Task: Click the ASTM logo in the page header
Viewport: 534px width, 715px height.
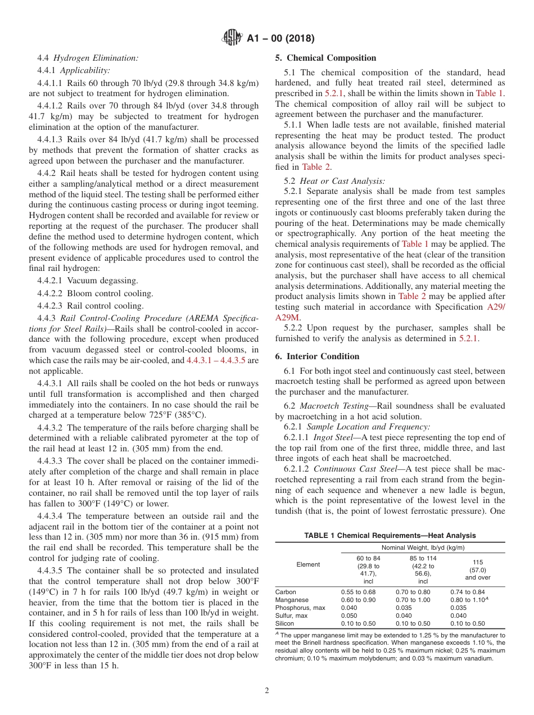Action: point(232,38)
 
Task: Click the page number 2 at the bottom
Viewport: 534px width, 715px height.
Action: point(266,691)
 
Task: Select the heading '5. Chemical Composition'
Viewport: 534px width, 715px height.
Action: point(325,58)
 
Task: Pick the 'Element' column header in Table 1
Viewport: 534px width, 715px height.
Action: point(307,564)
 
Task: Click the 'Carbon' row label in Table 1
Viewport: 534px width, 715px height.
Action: point(286,592)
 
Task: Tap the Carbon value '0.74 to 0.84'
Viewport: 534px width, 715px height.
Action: point(467,592)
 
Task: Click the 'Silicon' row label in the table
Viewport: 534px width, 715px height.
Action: point(284,623)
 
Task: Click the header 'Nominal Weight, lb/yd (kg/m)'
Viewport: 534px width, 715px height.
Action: point(423,547)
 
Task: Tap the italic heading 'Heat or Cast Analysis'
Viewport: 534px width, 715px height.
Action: point(342,181)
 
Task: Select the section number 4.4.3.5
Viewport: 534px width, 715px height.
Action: point(52,571)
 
